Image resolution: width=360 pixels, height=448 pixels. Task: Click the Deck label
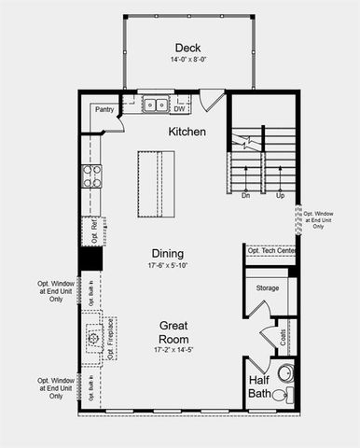[187, 48]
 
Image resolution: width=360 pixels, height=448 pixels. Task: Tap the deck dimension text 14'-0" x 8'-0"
[187, 60]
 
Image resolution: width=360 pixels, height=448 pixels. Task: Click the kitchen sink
[155, 105]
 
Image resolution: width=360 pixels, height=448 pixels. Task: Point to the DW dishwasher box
[180, 107]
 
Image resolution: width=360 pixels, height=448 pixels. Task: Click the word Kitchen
[187, 133]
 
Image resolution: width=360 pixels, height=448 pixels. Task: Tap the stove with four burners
[91, 175]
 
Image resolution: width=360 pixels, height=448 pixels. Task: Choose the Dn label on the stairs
[245, 196]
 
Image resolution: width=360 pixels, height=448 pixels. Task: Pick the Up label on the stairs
[279, 196]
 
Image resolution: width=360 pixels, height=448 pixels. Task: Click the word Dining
[168, 253]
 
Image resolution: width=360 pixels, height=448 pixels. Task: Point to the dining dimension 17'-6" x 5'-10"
[168, 265]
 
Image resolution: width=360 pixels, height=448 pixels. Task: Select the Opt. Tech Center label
[271, 251]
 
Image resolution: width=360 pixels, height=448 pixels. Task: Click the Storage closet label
[268, 288]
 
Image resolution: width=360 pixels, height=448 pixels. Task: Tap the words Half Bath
[260, 387]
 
